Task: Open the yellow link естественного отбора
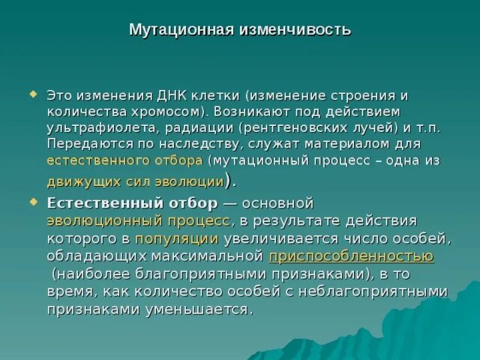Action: [124, 160]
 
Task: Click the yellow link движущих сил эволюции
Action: [135, 181]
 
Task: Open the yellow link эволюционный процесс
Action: [138, 220]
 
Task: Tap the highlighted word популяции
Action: [177, 238]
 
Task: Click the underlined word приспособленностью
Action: [351, 256]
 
